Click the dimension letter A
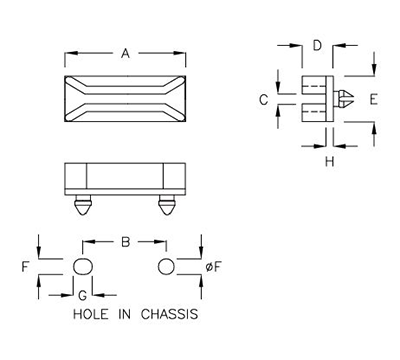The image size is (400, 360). (124, 56)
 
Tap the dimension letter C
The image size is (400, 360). (262, 99)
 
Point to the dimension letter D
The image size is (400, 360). (315, 45)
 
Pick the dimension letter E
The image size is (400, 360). (372, 99)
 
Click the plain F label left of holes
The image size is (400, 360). (24, 267)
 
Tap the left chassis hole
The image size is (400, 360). (84, 267)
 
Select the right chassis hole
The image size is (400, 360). (166, 267)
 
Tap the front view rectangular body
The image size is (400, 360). (124, 178)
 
